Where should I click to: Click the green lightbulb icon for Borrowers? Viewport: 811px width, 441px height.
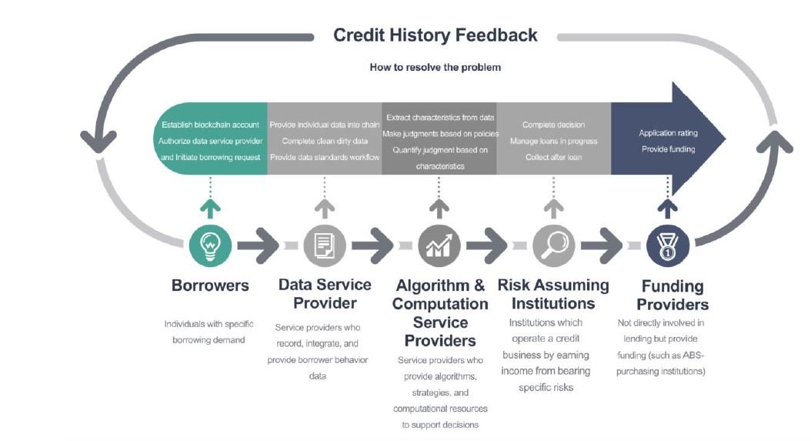(210, 246)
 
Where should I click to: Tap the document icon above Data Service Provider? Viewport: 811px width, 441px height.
(324, 246)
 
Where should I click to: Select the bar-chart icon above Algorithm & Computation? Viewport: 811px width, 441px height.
(439, 246)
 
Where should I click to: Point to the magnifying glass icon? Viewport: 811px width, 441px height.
(553, 246)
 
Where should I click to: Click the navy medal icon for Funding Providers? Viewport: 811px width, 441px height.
(668, 246)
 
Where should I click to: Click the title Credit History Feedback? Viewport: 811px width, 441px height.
(435, 35)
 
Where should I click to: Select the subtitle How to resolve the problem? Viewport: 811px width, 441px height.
(435, 67)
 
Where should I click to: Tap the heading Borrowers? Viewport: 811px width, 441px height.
(210, 286)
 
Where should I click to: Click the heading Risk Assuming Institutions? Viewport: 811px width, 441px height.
(553, 294)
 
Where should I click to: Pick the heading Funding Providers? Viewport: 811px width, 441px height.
(672, 295)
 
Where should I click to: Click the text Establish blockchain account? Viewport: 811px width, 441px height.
(210, 125)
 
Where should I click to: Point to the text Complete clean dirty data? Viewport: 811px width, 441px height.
(325, 141)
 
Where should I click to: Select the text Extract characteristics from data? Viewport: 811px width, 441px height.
(440, 118)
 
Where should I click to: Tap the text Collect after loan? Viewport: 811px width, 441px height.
(553, 157)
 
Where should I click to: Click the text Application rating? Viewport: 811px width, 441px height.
(668, 133)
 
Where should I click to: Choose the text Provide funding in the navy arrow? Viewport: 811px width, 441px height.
(668, 149)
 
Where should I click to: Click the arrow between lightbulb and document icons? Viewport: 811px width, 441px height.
(258, 246)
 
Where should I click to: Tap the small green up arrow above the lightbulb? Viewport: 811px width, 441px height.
(210, 209)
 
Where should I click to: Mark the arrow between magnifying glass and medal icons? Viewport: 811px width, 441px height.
(602, 246)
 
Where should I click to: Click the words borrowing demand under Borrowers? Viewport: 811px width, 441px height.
(209, 340)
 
